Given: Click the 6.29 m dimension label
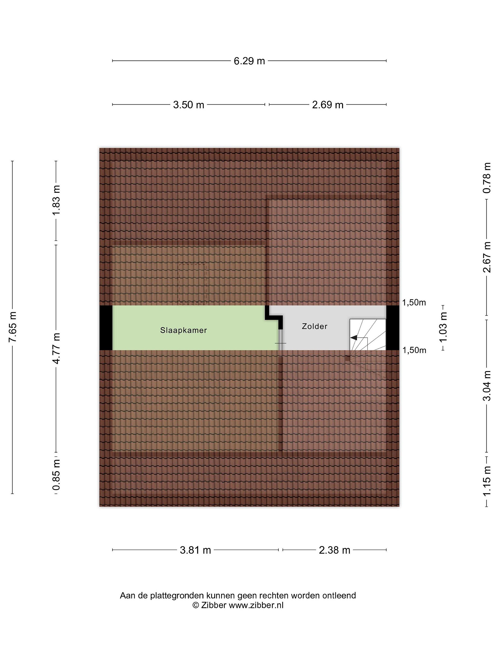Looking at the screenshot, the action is tap(249, 61).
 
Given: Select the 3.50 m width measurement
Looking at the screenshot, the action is tap(189, 105).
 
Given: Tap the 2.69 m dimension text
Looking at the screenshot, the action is tap(328, 105).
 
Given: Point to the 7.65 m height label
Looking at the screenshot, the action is tap(13, 327).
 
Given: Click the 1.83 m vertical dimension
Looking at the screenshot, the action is tap(56, 200).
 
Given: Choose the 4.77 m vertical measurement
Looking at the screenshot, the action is tap(56, 348).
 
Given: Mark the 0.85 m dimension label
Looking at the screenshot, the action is tap(56, 475).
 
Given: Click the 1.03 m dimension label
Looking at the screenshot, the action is tap(443, 327).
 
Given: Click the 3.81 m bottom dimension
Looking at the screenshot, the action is tap(195, 550).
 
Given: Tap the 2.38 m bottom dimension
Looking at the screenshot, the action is tap(335, 550).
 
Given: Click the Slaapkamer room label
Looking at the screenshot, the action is tap(183, 330).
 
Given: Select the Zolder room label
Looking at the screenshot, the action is tap(315, 326).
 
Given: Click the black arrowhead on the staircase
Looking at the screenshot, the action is tap(354, 338).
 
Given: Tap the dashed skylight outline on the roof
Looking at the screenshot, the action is tap(192, 283).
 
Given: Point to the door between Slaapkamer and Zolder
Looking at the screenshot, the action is tap(280, 343).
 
